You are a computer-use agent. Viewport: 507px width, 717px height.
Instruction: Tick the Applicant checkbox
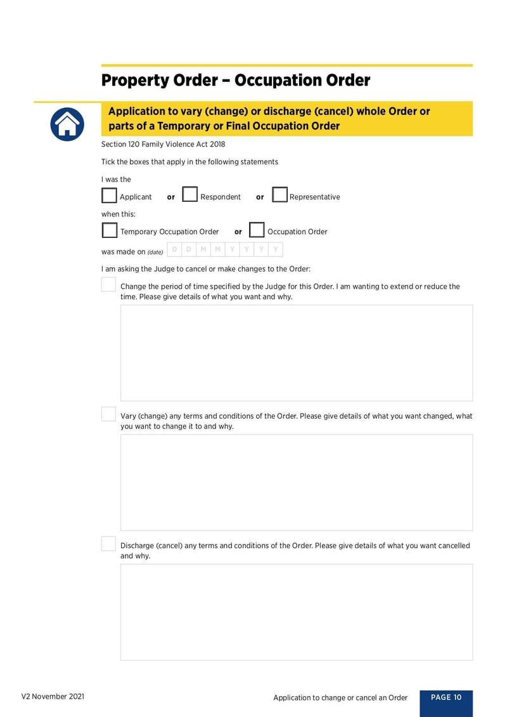click(109, 195)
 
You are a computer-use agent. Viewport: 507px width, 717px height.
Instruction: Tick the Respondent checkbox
click(189, 194)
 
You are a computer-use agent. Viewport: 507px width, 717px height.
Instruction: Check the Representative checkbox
click(279, 194)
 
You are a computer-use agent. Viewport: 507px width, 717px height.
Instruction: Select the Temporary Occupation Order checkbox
click(109, 230)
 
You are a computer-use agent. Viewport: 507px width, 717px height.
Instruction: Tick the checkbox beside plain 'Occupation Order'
click(256, 230)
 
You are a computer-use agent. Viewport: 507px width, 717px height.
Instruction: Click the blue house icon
click(67, 124)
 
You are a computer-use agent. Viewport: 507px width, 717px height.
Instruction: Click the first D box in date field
click(174, 249)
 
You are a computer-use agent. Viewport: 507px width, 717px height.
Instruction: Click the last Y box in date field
click(276, 249)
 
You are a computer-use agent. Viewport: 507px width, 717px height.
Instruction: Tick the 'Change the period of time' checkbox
click(108, 284)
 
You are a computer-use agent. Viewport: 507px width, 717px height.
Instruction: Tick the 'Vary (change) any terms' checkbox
click(108, 414)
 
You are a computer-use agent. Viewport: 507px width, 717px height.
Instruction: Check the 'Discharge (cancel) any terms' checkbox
click(108, 544)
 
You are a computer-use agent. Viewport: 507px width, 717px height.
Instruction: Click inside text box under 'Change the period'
click(296, 353)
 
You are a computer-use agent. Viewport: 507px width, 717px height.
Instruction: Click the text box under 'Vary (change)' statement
click(296, 482)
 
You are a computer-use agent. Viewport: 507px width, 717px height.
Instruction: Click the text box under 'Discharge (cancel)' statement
click(296, 612)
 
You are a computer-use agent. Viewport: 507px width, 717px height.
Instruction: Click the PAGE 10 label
click(446, 697)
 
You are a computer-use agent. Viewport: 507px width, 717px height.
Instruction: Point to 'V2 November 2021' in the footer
click(53, 697)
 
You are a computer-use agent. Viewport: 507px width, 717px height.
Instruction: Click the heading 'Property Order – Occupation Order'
click(236, 81)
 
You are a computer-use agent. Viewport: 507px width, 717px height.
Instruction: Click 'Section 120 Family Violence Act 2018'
click(163, 144)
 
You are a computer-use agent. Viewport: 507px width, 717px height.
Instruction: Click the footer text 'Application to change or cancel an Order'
click(340, 698)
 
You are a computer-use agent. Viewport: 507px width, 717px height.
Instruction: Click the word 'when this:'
click(119, 214)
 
